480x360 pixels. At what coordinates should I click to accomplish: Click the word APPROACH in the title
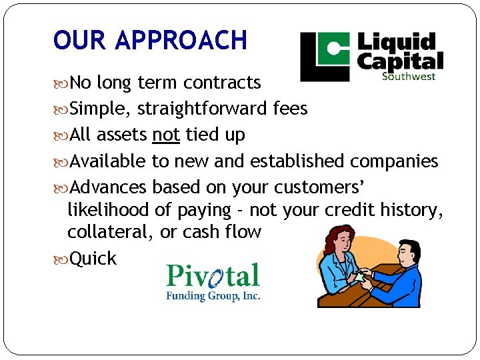(x=181, y=40)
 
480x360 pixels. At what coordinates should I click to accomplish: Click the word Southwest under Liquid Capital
(x=409, y=76)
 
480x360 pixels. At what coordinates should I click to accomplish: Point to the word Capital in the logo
(x=400, y=61)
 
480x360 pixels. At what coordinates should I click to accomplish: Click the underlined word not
(x=166, y=135)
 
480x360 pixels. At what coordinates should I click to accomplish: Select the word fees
(x=290, y=108)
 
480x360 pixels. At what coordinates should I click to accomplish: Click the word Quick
(x=93, y=259)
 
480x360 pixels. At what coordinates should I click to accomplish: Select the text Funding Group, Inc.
(x=213, y=296)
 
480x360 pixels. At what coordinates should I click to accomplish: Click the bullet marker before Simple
(x=62, y=109)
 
